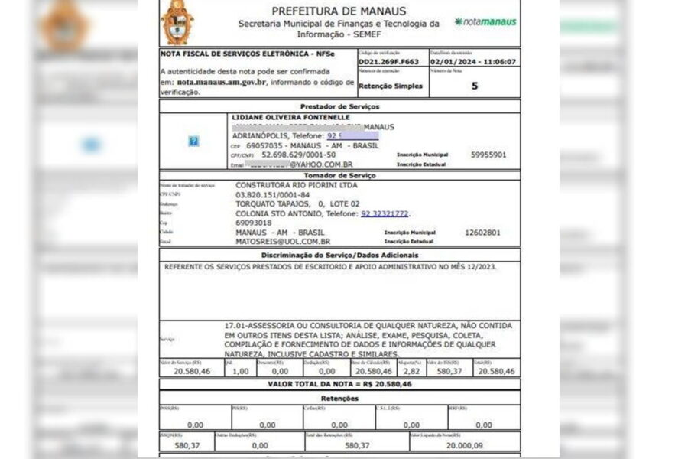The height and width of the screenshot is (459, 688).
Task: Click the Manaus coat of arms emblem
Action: [x=177, y=22]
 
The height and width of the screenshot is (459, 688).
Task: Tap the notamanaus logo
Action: [x=485, y=22]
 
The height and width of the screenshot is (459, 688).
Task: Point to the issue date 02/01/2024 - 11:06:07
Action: [x=472, y=62]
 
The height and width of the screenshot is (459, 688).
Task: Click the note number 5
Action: [x=474, y=86]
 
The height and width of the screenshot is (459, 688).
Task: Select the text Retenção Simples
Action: [x=390, y=86]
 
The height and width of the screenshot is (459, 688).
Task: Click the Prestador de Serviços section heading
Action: [x=339, y=106]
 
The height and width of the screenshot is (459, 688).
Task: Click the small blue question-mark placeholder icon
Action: [x=193, y=141]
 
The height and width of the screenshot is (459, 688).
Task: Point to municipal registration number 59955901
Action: [x=488, y=155]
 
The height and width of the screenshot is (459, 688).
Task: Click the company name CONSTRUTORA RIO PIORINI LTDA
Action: [x=296, y=185]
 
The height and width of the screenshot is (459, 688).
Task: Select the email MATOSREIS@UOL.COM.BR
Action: [x=283, y=241]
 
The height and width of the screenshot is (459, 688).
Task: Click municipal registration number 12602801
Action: [x=482, y=232]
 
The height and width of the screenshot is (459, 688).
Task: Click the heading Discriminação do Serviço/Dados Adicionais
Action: [x=339, y=255]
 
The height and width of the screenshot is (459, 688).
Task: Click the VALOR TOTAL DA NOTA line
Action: [x=339, y=384]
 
